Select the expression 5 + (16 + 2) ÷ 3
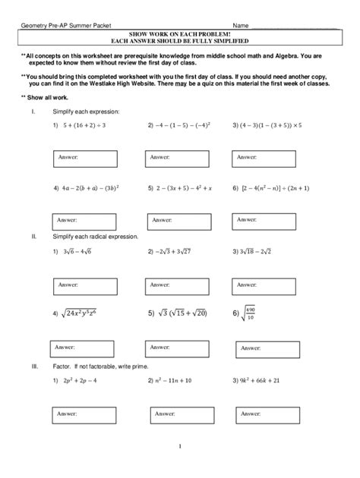[84, 123]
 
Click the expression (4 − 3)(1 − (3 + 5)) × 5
[281, 123]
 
